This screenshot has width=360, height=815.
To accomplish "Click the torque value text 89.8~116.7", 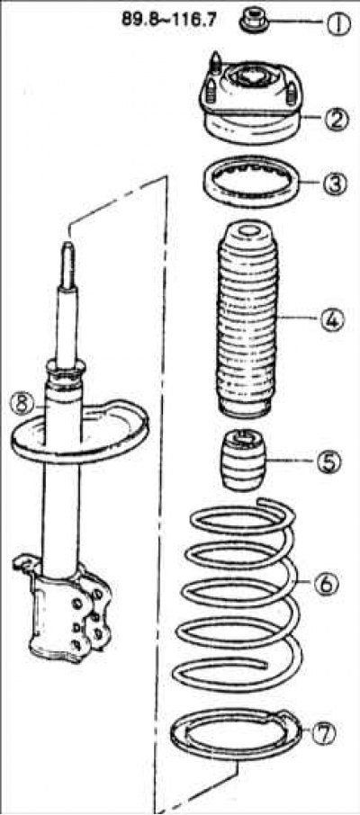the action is point(169,20).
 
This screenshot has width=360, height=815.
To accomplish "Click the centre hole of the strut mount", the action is point(251,76).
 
